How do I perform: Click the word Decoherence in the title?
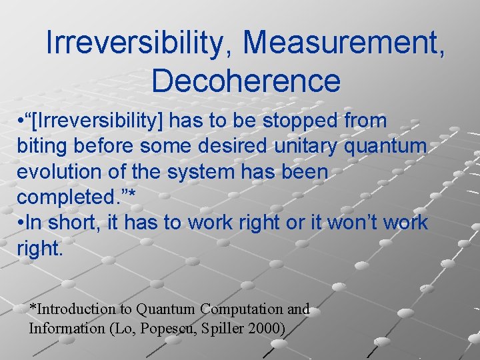point(246,81)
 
